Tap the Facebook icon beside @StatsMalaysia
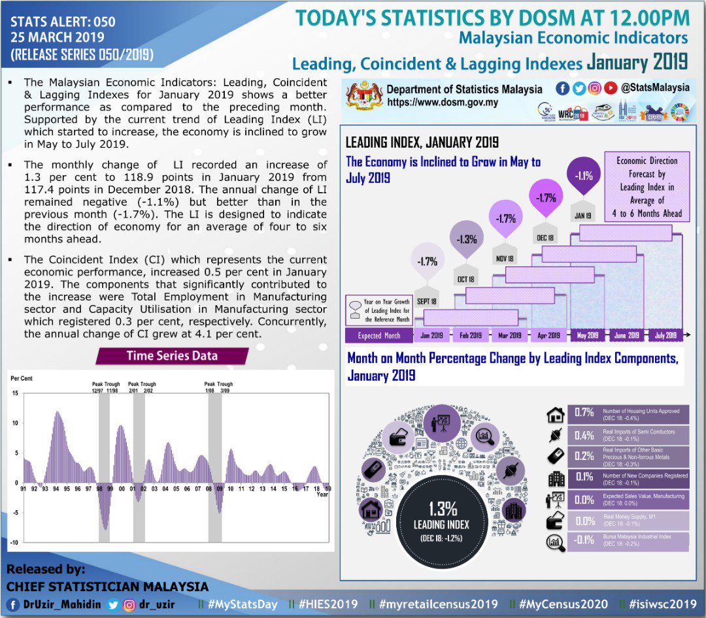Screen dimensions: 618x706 click(562, 88)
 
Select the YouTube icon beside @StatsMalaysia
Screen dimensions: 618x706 click(610, 88)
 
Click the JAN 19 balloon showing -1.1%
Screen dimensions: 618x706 click(584, 176)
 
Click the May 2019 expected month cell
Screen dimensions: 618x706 click(588, 335)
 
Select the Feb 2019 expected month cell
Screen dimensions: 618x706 click(471, 335)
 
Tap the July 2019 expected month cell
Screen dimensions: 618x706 click(665, 335)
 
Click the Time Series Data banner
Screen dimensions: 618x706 click(172, 356)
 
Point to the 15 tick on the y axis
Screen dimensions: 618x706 click(15, 393)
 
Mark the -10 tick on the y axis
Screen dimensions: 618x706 click(14, 542)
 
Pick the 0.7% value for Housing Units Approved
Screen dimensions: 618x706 click(584, 413)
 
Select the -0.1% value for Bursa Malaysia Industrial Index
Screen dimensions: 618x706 click(583, 540)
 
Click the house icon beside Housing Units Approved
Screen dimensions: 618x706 click(556, 415)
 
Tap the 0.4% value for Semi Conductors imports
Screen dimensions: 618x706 click(584, 435)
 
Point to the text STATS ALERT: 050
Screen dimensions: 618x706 click(63, 22)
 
